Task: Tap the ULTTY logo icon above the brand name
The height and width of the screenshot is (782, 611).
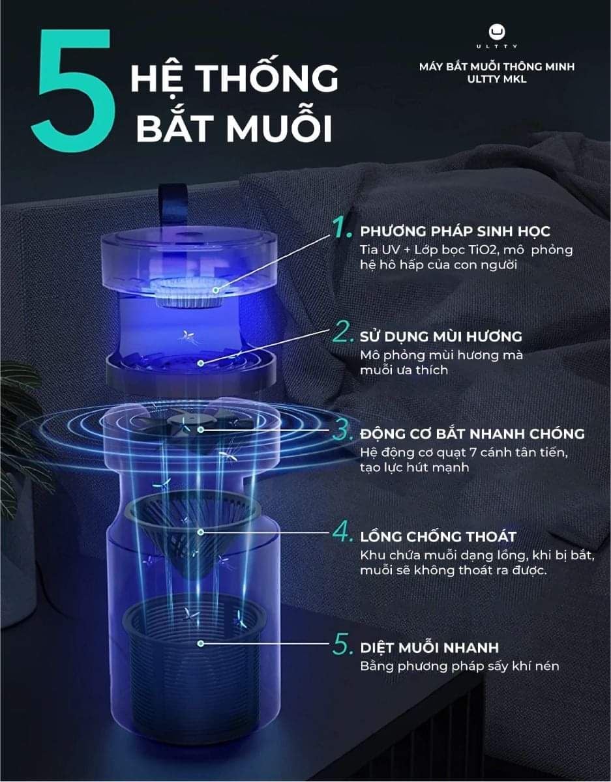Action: coord(497,32)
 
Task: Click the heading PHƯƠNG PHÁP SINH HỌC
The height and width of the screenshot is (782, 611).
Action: coord(455,231)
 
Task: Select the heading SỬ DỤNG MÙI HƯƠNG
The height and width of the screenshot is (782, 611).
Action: coord(441,336)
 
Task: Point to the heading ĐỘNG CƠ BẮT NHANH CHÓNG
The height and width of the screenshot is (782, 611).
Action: coord(472,434)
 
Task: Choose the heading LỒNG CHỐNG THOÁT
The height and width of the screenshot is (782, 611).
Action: coord(438,537)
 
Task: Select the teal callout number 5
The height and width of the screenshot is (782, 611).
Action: coord(342,644)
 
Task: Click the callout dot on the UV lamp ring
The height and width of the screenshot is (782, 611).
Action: coord(216,289)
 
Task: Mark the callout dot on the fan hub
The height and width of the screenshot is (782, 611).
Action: coord(201,429)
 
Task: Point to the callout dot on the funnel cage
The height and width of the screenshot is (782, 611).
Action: coord(201,532)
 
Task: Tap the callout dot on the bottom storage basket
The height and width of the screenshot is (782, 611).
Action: coord(201,643)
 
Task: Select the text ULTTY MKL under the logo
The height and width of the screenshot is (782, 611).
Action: coord(496,79)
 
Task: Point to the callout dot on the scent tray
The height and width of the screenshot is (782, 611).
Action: coord(201,363)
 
